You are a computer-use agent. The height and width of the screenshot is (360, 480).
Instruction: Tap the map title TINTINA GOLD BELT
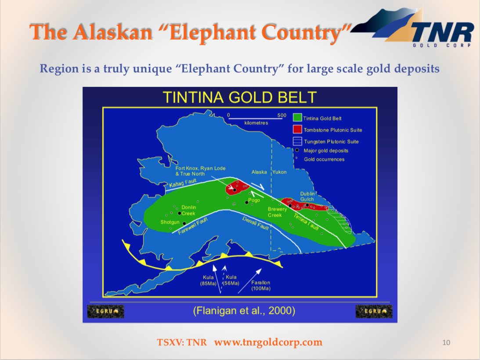[x=239, y=97]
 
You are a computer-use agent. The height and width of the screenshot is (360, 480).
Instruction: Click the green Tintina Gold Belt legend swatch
[x=297, y=118]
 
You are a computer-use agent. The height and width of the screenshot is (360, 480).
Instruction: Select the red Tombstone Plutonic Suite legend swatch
[x=297, y=130]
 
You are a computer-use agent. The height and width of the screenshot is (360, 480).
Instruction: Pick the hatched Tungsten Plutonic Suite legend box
[x=297, y=141]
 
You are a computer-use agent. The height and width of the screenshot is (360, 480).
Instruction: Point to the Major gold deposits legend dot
[x=297, y=150]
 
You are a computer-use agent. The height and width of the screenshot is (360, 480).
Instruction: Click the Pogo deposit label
[x=254, y=200]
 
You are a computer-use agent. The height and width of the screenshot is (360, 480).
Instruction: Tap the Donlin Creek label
[x=188, y=210]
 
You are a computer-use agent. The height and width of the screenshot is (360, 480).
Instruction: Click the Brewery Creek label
[x=278, y=212]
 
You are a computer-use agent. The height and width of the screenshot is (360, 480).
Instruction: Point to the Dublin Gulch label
[x=307, y=196]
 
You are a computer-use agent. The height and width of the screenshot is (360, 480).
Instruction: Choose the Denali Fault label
[x=256, y=223]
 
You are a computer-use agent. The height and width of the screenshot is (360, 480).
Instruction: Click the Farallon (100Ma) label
[x=261, y=285]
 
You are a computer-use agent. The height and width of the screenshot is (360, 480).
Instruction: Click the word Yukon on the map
[x=279, y=172]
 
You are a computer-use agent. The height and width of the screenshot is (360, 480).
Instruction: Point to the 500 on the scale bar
[x=282, y=115]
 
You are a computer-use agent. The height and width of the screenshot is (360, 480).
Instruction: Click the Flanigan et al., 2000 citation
[x=244, y=311]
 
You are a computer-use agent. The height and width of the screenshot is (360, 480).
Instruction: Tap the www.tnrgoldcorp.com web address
[x=268, y=342]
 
